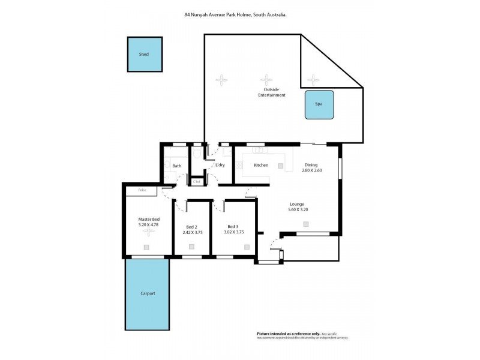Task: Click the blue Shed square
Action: [145, 55]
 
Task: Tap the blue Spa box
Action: [319, 104]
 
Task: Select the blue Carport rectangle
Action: [147, 293]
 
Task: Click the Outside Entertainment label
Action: [272, 92]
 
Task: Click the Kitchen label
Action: [260, 165]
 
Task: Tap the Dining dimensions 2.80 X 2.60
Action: [311, 170]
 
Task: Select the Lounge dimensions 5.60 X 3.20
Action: [298, 210]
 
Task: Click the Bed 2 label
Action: [191, 227]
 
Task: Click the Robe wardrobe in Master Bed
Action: [142, 191]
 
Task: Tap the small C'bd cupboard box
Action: [196, 181]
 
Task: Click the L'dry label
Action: [220, 165]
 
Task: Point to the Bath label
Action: [176, 166]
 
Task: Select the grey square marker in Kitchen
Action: [280, 165]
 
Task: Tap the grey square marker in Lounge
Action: [306, 224]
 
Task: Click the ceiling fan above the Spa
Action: [313, 79]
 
